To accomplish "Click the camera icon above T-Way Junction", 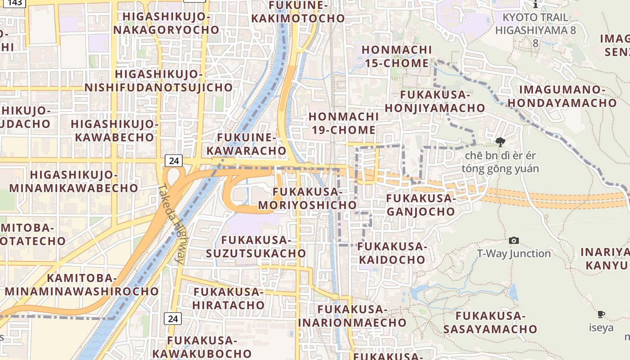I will (513, 241).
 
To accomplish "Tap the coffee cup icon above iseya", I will (601, 314).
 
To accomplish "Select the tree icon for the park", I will (499, 142).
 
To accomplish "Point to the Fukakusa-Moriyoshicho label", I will (307, 198).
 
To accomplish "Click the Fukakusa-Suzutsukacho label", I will (256, 247).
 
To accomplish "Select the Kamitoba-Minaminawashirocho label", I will (82, 284).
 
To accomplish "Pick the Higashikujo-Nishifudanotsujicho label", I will (159, 81).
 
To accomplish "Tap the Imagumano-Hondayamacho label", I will (562, 96).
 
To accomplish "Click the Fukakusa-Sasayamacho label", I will (490, 322).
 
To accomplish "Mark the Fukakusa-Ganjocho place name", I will (420, 205).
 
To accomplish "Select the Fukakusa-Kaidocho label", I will (392, 253).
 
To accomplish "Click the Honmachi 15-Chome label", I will (396, 56).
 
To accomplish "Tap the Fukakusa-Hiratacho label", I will (229, 298).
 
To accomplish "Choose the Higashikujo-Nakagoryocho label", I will (166, 23).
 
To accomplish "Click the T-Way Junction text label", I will (513, 254).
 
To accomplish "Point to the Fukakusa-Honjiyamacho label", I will (435, 101).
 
